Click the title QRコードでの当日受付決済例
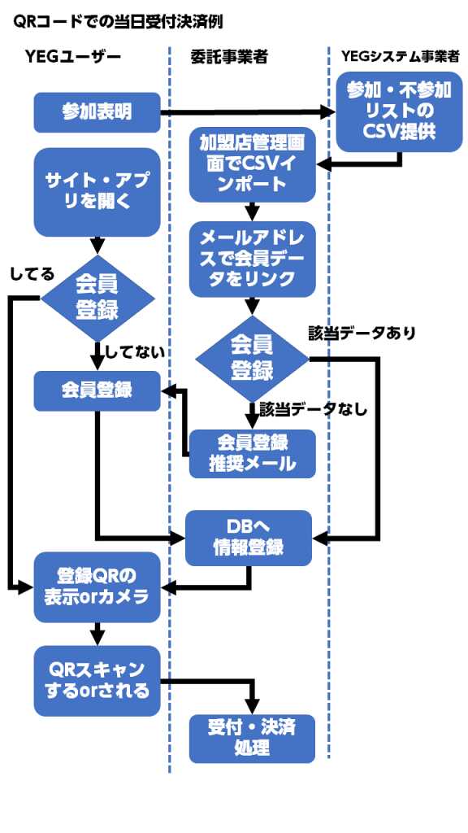click(117, 22)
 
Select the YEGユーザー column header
click(72, 57)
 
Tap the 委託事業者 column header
click(228, 58)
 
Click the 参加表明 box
click(97, 112)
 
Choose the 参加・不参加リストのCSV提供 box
click(399, 112)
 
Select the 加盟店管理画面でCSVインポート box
click(253, 164)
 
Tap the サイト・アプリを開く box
click(97, 192)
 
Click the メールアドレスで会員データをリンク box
click(253, 259)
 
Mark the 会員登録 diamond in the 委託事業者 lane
click(252, 359)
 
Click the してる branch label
click(32, 274)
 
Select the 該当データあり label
click(362, 333)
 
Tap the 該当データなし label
click(314, 409)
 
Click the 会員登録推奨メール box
click(253, 454)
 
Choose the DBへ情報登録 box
click(249, 538)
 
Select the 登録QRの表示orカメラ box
click(97, 587)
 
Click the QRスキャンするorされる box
click(97, 681)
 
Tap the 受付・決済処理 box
click(253, 739)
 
